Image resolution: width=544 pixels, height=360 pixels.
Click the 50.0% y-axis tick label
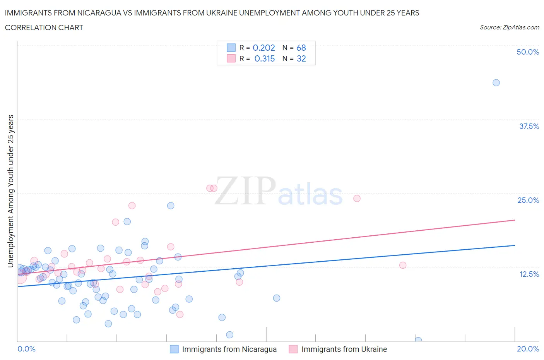(x=528, y=52)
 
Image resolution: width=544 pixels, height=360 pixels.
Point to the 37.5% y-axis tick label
(x=529, y=126)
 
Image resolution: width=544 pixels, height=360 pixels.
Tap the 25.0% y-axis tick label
(x=528, y=200)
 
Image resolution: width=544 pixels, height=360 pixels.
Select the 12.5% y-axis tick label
(x=529, y=274)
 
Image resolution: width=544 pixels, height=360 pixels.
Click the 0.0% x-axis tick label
(x=26, y=349)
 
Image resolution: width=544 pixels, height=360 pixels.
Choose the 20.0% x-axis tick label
(x=528, y=349)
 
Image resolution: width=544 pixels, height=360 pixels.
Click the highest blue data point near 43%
(x=496, y=83)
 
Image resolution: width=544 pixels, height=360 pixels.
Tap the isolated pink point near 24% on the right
(x=357, y=198)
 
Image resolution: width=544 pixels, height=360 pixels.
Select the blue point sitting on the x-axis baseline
(x=418, y=340)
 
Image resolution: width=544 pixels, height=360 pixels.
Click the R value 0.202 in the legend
(x=263, y=48)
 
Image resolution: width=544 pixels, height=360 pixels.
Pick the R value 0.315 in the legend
(x=264, y=58)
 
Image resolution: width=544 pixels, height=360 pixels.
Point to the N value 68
(x=301, y=48)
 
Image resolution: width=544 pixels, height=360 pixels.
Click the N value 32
(x=301, y=58)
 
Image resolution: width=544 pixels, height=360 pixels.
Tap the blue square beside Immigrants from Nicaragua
(x=174, y=349)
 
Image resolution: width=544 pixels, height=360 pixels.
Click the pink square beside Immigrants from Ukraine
(x=293, y=349)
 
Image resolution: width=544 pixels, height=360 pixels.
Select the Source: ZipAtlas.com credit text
(x=509, y=27)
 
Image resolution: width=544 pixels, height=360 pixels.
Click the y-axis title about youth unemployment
(x=11, y=191)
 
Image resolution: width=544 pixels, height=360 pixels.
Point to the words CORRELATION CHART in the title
(x=44, y=27)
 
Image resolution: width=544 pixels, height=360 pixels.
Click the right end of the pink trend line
(x=515, y=220)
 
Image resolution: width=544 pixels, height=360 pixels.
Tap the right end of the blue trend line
(x=515, y=245)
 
